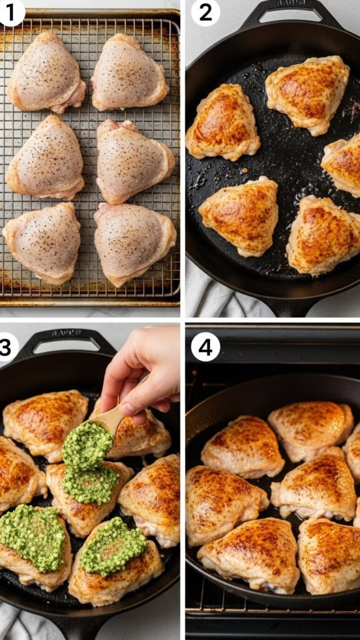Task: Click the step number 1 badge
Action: coord(11,12)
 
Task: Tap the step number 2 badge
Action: coord(204,12)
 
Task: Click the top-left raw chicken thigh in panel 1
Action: coord(46,74)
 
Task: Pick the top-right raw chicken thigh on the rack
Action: coord(129,72)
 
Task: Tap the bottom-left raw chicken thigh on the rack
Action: coord(42,242)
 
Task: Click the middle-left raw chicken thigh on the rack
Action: coord(46,157)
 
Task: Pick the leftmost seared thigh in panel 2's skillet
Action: coord(222,122)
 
